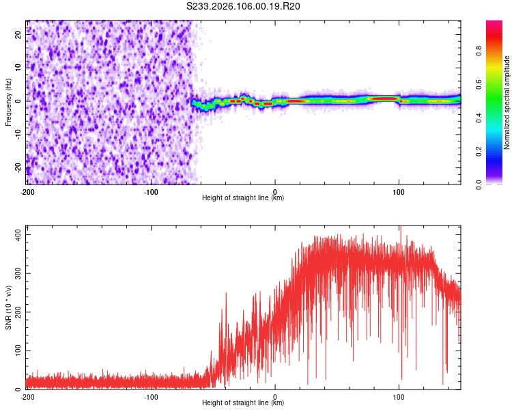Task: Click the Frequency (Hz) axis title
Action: coord(8,102)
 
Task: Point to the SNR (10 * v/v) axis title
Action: coord(8,307)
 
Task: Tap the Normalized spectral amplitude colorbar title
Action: coord(507,102)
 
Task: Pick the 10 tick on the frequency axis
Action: coord(19,68)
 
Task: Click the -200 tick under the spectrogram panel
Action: coord(27,191)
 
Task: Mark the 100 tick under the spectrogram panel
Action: coord(399,191)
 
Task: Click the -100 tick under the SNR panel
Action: coord(151,396)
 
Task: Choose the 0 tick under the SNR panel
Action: coord(275,396)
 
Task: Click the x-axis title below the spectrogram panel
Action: coord(243,198)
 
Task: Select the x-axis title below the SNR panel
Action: coord(243,403)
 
